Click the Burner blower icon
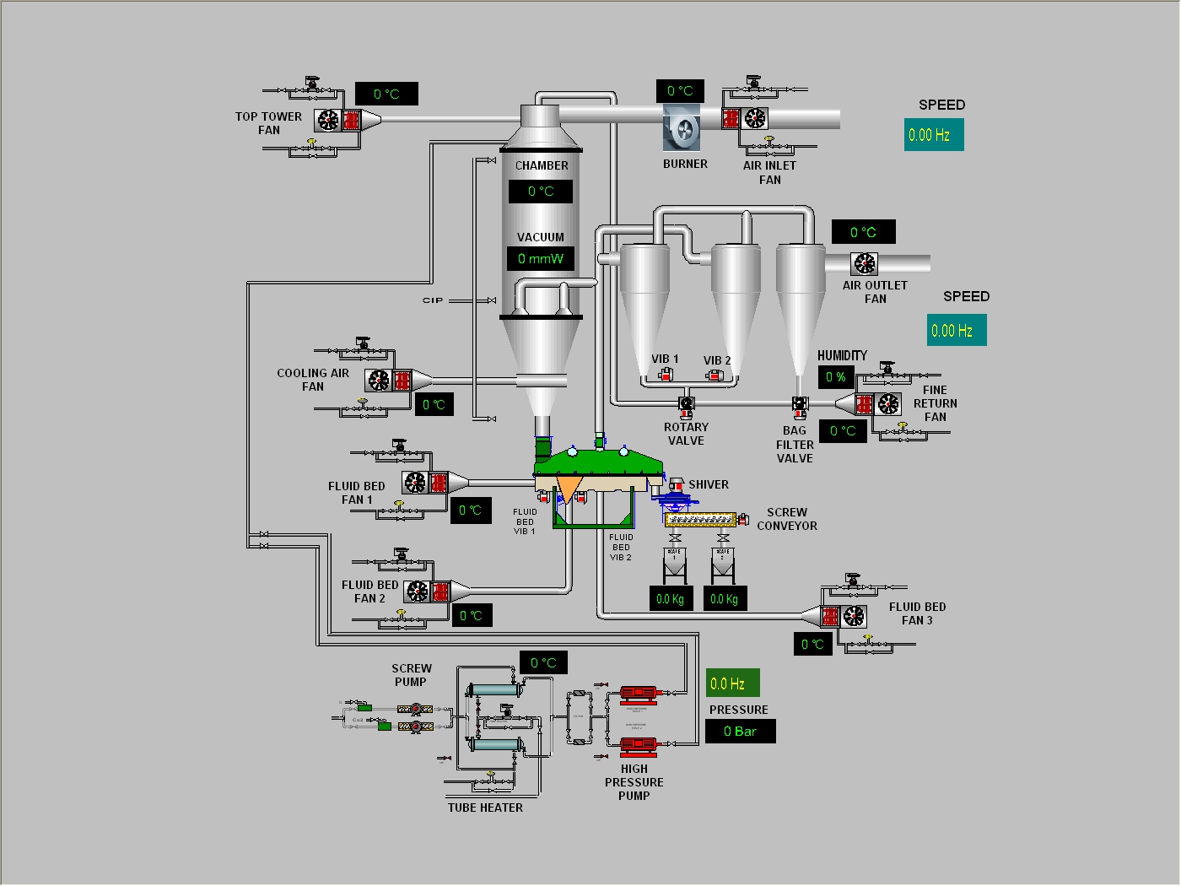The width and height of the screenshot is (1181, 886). [682, 129]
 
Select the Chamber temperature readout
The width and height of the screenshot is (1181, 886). [541, 192]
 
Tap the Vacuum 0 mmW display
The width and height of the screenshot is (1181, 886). [541, 258]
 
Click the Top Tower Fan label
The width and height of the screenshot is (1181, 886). [268, 123]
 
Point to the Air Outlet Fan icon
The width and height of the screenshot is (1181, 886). [865, 264]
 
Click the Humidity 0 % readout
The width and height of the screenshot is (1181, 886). [836, 377]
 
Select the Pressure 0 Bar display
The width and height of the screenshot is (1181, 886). [740, 732]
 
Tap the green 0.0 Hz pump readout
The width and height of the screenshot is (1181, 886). [728, 683]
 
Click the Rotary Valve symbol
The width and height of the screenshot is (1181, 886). [687, 404]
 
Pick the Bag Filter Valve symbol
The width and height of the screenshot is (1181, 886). [800, 405]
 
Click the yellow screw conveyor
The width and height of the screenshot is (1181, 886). [702, 519]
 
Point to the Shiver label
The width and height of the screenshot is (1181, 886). [709, 484]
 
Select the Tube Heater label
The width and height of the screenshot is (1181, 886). [485, 808]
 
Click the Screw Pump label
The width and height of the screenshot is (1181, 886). [411, 675]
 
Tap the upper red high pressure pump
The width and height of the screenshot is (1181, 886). [639, 694]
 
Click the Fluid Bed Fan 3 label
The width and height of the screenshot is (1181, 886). [917, 613]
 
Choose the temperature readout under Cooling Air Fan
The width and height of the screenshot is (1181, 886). [434, 405]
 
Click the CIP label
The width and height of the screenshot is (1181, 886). [433, 300]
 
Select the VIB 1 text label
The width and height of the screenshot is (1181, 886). [665, 359]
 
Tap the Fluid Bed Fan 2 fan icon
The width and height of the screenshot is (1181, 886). [418, 592]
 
